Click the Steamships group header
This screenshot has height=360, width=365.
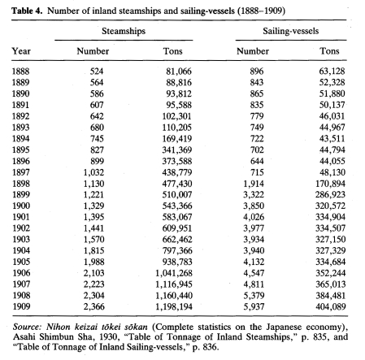(x=124, y=31)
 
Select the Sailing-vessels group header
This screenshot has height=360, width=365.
(x=291, y=31)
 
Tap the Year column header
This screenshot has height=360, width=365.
(x=21, y=51)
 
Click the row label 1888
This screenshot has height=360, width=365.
(x=20, y=72)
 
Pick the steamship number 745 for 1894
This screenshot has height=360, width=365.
(x=97, y=139)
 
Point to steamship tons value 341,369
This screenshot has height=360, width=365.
(x=177, y=150)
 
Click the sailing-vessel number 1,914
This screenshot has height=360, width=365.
(x=254, y=184)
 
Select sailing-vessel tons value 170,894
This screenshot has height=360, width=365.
(x=330, y=184)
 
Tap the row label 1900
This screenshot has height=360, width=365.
(x=21, y=206)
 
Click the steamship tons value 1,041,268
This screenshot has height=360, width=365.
(x=174, y=273)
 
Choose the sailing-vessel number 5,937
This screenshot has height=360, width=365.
(x=254, y=306)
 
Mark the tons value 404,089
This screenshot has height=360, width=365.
(x=331, y=306)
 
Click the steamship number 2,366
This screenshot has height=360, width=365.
(x=93, y=306)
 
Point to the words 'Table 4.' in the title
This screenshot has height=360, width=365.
(x=27, y=11)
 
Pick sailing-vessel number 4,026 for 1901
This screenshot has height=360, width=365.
(x=254, y=217)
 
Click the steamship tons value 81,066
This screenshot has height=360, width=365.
(x=179, y=72)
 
